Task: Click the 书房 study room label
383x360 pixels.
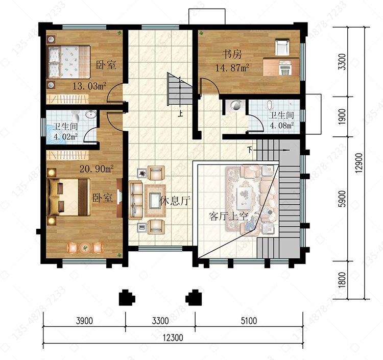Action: click(x=232, y=54)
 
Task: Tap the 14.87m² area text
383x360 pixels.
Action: click(x=232, y=67)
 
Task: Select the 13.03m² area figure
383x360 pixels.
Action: click(x=89, y=86)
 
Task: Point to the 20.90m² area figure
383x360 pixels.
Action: click(x=97, y=169)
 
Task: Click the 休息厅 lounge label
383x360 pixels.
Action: click(x=175, y=201)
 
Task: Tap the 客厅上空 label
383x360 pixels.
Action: click(x=228, y=217)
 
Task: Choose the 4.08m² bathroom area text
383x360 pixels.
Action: click(x=281, y=126)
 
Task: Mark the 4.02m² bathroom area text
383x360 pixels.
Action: click(x=65, y=136)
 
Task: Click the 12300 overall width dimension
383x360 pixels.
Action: click(x=173, y=338)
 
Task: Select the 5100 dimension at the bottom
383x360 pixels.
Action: click(x=249, y=321)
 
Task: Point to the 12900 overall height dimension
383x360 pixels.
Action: click(x=359, y=163)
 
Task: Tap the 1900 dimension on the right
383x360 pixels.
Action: click(x=343, y=116)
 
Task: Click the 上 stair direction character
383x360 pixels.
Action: click(x=180, y=114)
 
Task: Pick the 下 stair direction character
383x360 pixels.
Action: click(x=249, y=150)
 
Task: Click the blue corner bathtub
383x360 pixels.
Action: click(x=56, y=134)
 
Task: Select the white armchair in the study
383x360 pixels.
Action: click(x=282, y=47)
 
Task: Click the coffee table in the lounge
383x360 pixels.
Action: click(x=155, y=201)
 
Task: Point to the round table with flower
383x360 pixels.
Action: click(x=85, y=248)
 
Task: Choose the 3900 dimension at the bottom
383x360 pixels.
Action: click(x=84, y=321)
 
